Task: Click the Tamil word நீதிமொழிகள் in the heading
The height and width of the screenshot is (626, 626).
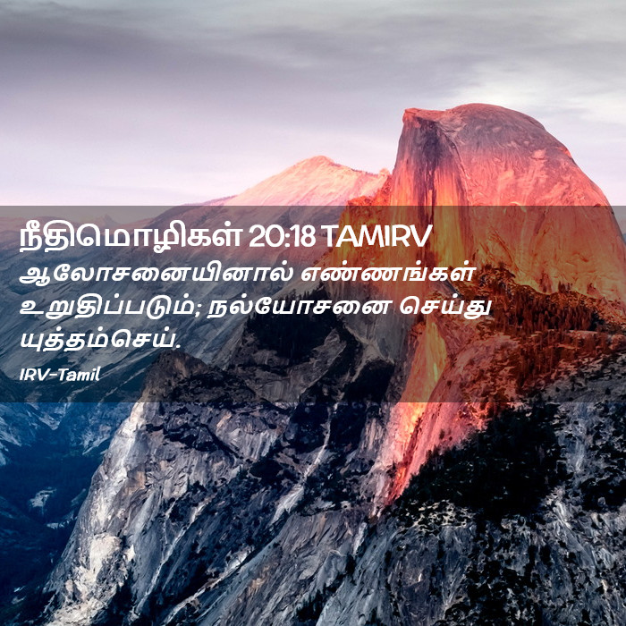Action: pyautogui.click(x=131, y=237)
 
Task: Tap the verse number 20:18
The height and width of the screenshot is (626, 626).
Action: pyautogui.click(x=282, y=236)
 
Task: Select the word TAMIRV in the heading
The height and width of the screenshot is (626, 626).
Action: pyautogui.click(x=376, y=236)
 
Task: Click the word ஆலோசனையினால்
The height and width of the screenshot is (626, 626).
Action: pyautogui.click(x=156, y=275)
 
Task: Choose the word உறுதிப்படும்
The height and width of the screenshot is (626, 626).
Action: pyautogui.click(x=108, y=309)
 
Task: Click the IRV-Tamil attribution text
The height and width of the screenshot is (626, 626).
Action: pyautogui.click(x=60, y=375)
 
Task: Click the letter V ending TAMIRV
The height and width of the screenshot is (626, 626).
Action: pyautogui.click(x=422, y=236)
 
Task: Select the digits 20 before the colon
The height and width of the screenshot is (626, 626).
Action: pyautogui.click(x=262, y=236)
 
